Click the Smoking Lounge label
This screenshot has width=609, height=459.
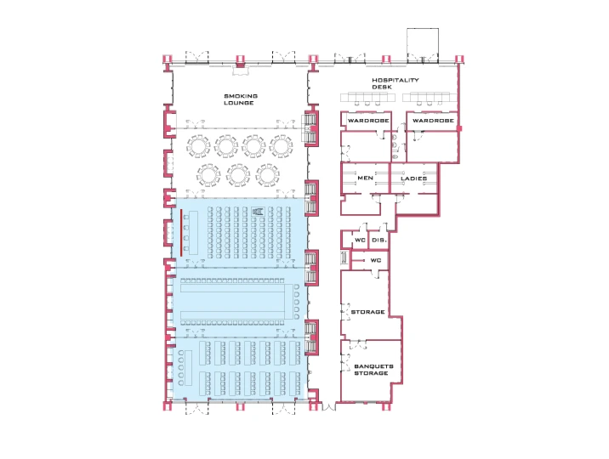(241, 99)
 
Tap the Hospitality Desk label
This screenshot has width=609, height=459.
(396, 83)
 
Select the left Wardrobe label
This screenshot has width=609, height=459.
(368, 121)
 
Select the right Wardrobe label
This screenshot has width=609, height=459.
(433, 121)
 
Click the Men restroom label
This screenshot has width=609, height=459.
(365, 178)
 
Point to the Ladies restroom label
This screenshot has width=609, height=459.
(413, 178)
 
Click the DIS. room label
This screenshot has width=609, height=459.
(379, 241)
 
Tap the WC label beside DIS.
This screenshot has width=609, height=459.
(360, 241)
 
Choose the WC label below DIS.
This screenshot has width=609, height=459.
(376, 260)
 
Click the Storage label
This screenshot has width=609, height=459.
(367, 312)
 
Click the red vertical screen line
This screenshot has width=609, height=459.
(181, 233)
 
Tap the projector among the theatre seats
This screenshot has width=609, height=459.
(258, 212)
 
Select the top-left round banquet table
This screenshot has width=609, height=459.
(198, 146)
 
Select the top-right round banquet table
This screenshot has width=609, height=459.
(282, 146)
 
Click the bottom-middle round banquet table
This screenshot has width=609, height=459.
(238, 175)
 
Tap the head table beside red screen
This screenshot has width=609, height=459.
(193, 233)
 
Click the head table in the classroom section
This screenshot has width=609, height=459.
(188, 368)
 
